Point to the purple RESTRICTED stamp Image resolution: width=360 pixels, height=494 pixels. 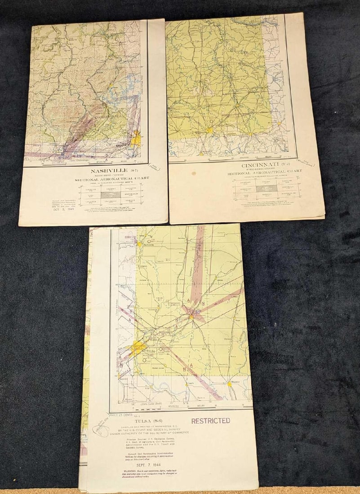pos(211,421)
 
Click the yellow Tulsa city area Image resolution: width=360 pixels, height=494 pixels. pos(137,347)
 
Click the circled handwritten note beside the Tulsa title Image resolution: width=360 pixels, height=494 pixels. pos(101,428)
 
